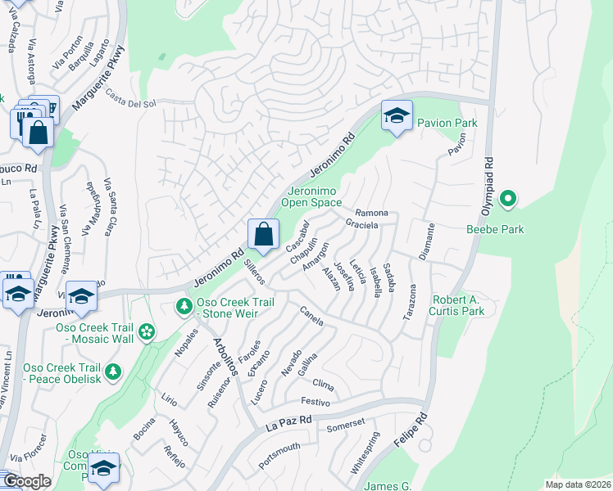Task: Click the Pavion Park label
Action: [447, 123]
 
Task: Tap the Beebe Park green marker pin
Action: [508, 199]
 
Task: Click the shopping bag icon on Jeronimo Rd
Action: [263, 234]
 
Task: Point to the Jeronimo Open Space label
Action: [311, 196]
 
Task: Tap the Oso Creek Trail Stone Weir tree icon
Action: [184, 307]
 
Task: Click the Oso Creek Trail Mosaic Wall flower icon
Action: [147, 331]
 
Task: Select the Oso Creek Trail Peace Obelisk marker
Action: [113, 372]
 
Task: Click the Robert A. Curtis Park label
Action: [458, 305]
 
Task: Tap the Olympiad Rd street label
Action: [488, 181]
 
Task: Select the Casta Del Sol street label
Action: [129, 103]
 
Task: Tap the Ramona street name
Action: [371, 213]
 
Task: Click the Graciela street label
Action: [361, 223]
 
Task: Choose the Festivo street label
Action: [315, 402]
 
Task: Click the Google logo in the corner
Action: [27, 481]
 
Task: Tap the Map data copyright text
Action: [578, 484]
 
